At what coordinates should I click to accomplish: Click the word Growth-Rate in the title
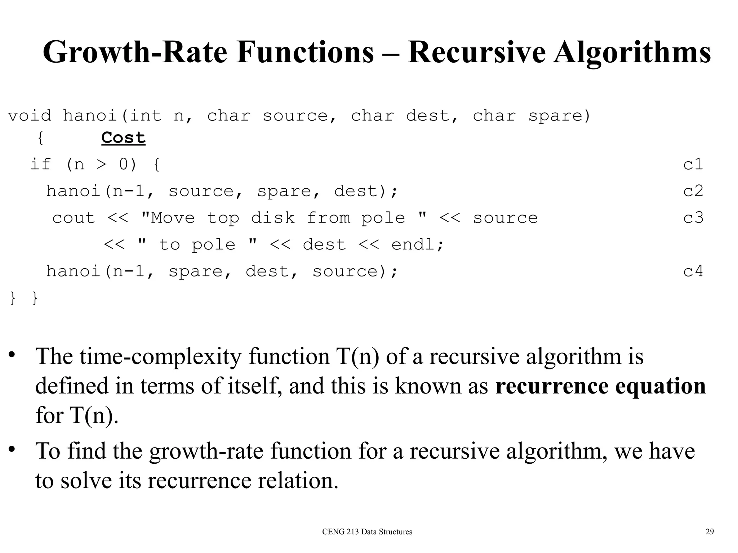click(x=135, y=53)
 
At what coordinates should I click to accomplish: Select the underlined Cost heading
click(x=123, y=138)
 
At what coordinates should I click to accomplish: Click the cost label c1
click(x=693, y=165)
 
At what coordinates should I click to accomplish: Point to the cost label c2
click(x=693, y=191)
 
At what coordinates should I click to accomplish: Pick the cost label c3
click(x=693, y=218)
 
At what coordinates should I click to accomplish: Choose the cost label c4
click(x=693, y=271)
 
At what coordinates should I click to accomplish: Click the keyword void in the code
click(x=30, y=116)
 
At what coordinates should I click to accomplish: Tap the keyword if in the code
click(x=40, y=165)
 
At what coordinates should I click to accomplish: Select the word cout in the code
click(x=74, y=218)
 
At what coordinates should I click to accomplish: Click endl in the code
click(x=417, y=245)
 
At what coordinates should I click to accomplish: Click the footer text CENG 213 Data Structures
click(x=367, y=532)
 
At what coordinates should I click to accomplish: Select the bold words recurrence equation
click(x=600, y=386)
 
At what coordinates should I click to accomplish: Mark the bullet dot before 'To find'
click(x=12, y=449)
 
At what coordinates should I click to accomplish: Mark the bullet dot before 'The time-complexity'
click(x=12, y=355)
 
